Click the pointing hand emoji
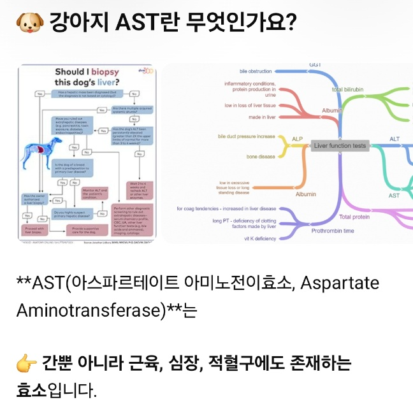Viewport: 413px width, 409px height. tap(25, 364)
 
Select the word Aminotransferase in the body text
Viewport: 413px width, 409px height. tap(85, 310)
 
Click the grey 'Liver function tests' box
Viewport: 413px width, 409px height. tap(340, 145)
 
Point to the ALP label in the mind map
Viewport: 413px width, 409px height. tap(297, 139)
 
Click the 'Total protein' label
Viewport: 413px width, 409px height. tap(354, 217)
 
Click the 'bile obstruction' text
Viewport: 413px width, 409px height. tap(255, 71)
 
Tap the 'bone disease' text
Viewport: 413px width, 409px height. tap(261, 156)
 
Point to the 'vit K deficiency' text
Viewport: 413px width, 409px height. tap(260, 238)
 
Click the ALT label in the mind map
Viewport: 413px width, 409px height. tap(395, 139)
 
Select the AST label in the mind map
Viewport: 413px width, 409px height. tap(394, 195)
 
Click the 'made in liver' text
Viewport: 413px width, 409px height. tap(261, 117)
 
